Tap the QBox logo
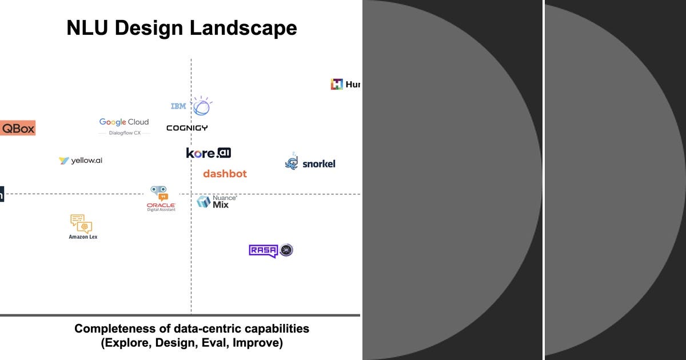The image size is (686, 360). pos(18,128)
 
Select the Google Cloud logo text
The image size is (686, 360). pos(124,122)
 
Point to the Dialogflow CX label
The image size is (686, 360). pos(125,133)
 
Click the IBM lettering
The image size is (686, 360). pos(178,106)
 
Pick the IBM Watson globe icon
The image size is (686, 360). pos(201,106)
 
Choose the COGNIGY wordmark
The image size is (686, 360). pos(187,128)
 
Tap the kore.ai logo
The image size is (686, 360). pos(209,153)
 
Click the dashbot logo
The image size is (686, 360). pos(225,173)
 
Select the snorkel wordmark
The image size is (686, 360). pos(318,164)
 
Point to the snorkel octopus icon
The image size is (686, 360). pos(292,162)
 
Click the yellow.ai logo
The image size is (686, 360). pos(81,161)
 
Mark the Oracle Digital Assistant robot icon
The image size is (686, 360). pos(158,193)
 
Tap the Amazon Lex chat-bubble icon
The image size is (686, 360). pos(81,223)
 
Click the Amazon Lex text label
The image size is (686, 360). pos(83,237)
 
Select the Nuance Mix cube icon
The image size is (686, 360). pos(204,202)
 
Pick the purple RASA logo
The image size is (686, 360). pos(263,250)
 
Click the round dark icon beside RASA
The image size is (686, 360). pos(286,250)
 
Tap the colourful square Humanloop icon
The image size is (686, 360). pos(337,84)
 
